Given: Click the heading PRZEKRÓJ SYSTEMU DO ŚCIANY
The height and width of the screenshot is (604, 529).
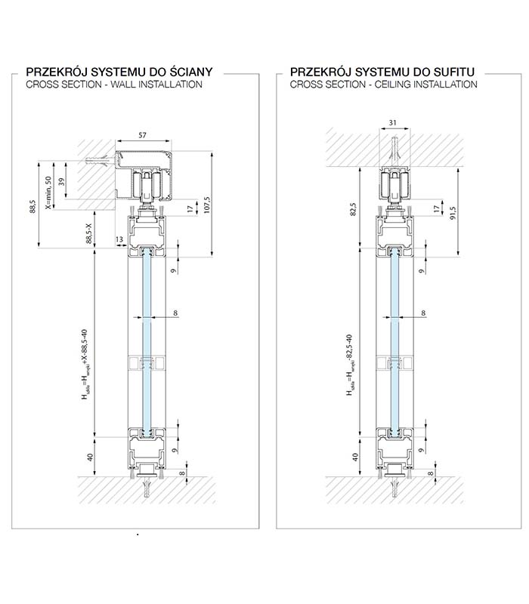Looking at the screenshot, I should pos(119,72).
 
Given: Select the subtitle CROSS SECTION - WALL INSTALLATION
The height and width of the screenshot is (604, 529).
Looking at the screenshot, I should pos(113,85).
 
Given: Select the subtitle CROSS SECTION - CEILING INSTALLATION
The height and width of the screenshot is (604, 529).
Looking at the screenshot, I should pos(383,85).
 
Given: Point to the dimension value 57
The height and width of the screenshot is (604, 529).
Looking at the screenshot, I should pos(143,136).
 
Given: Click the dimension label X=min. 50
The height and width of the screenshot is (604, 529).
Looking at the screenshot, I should pos(48,192).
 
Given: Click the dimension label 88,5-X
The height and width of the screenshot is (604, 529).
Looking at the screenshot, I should pos(90,233).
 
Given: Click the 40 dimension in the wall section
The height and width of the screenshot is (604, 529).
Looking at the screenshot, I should pos(91,458).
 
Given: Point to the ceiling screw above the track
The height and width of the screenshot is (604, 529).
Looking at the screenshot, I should pos(391,146).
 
